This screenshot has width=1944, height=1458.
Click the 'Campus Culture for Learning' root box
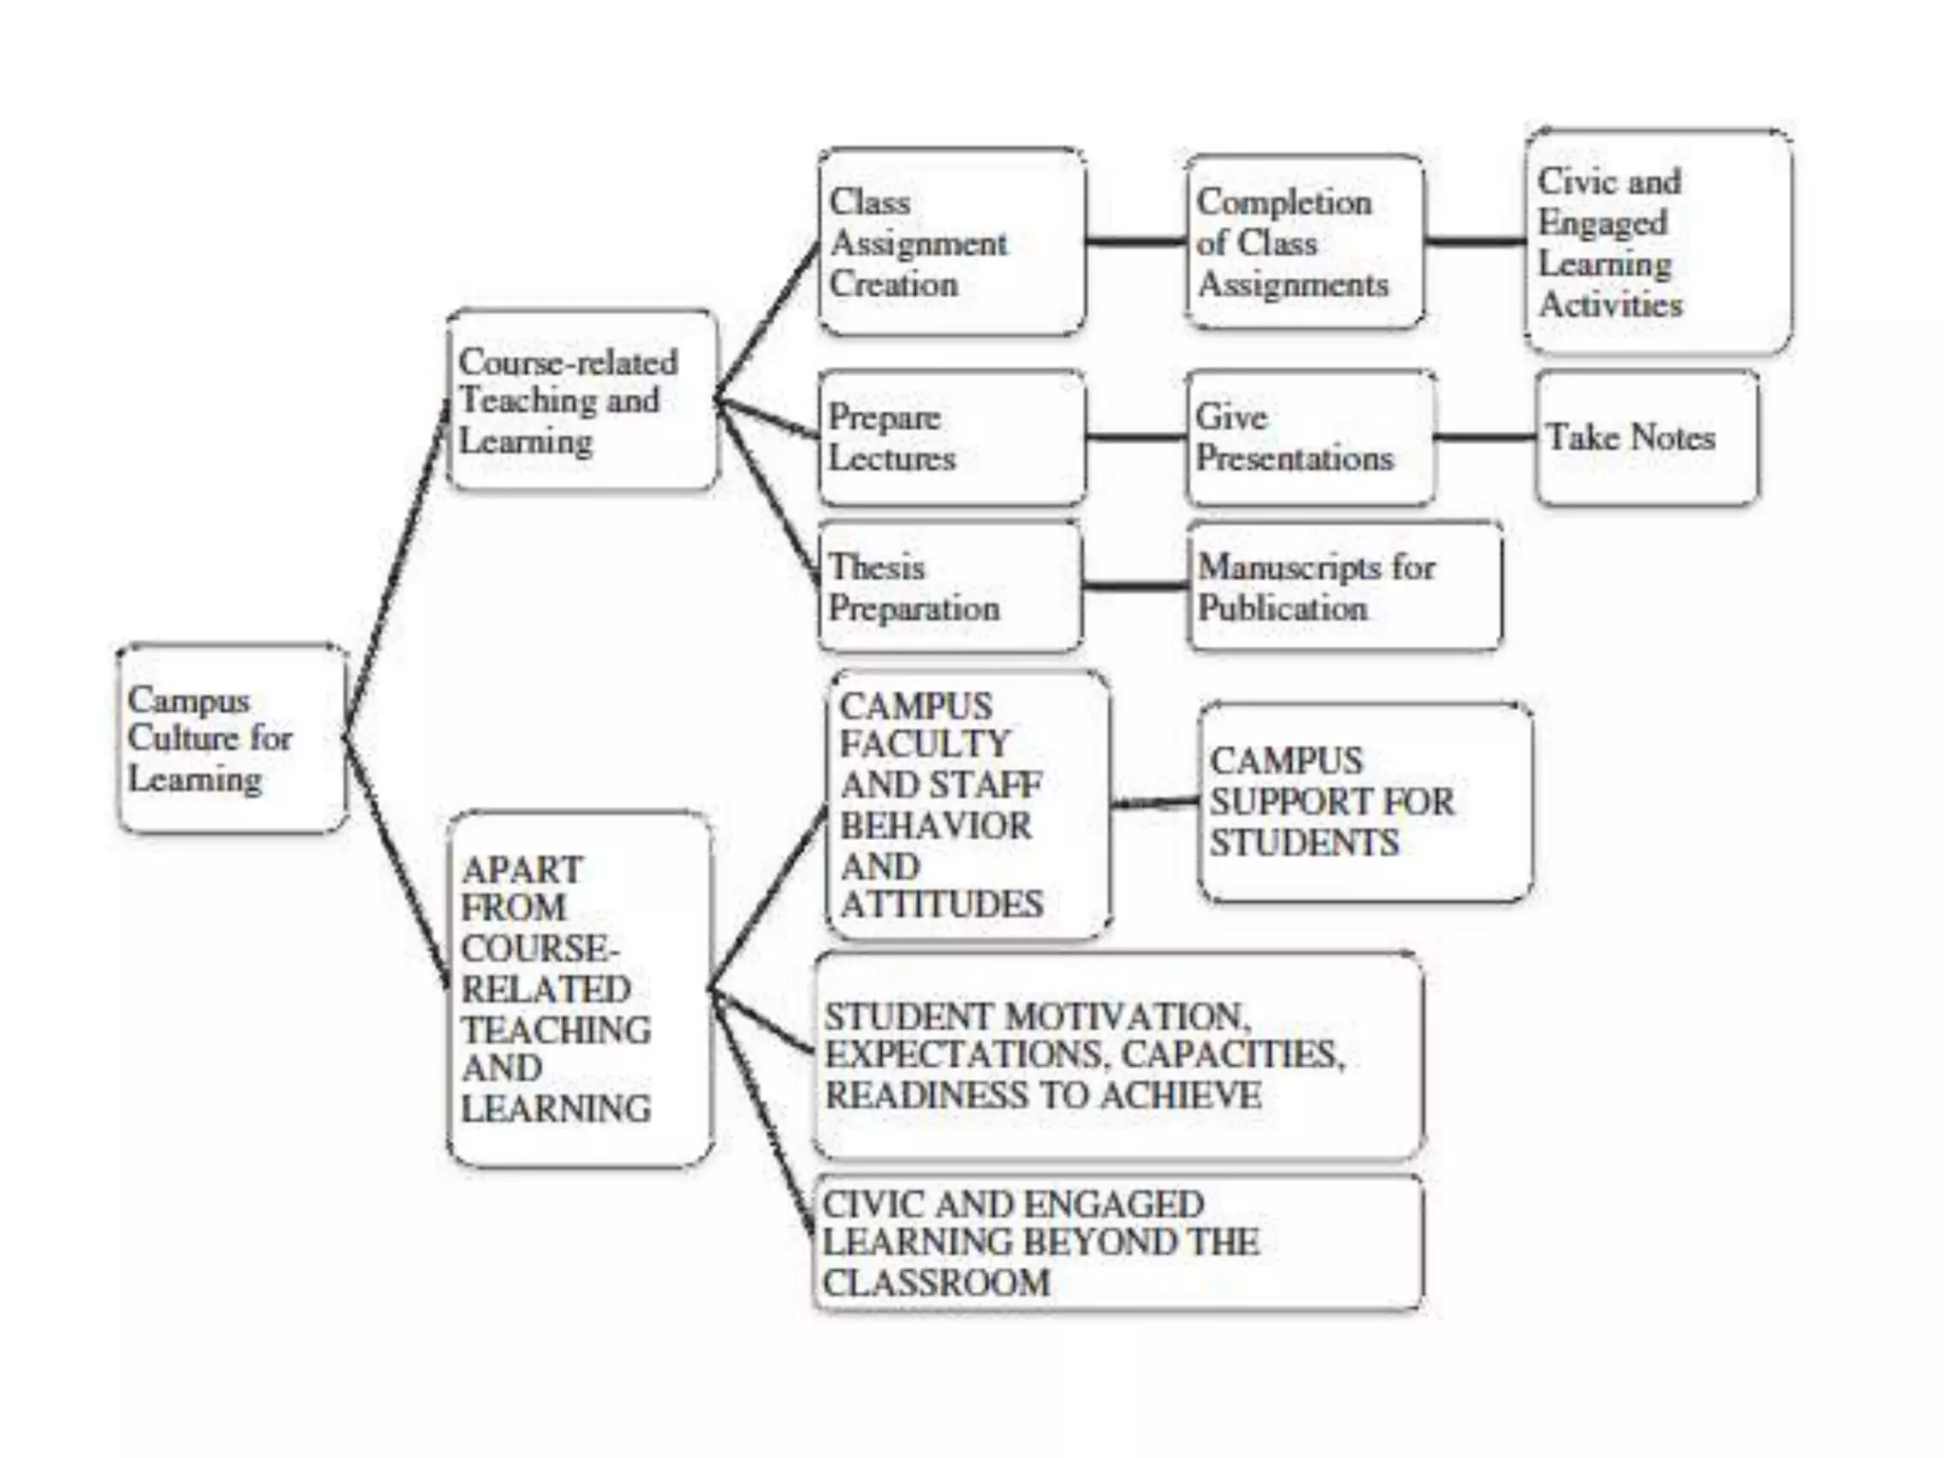232,738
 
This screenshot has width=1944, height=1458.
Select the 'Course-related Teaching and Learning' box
582,401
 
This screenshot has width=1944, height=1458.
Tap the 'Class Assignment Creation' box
951,242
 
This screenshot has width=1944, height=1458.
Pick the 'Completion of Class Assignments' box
1304,242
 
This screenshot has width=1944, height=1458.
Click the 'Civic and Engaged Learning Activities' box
1657,242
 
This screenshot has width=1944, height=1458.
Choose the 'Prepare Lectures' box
951,438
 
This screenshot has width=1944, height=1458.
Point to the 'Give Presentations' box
1310,438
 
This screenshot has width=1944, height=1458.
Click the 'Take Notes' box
1646,438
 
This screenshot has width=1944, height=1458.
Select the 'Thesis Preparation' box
949,587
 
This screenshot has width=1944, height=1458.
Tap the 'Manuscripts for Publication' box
1344,587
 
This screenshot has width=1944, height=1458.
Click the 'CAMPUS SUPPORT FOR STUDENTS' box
1365,802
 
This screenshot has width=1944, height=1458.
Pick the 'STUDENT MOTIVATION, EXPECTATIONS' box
1118,1056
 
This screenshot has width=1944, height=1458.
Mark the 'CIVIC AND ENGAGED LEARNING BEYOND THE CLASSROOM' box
1118,1243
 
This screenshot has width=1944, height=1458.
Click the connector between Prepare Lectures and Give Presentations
1135,438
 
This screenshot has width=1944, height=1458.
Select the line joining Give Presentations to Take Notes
1485,438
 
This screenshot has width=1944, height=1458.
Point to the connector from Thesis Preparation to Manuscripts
1135,587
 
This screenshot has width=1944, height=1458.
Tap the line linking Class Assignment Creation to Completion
1135,242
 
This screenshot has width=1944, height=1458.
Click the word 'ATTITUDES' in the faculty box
942,905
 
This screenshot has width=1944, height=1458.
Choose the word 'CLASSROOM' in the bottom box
936,1283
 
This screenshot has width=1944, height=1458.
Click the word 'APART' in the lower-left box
522,869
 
